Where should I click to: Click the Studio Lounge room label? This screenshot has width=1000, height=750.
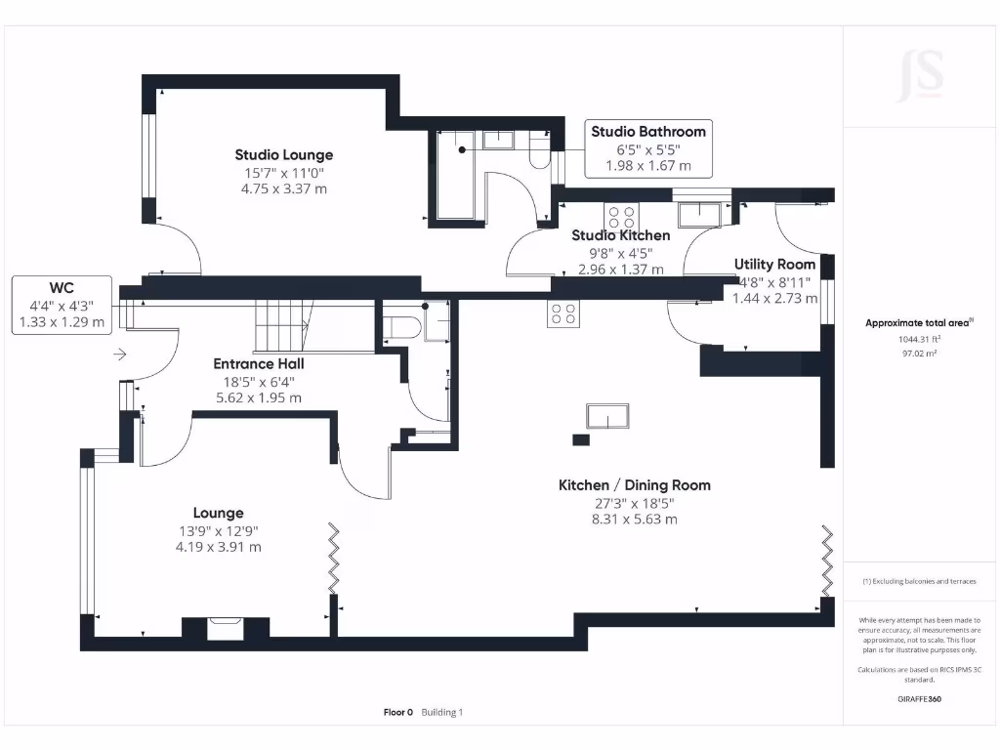pos(284,155)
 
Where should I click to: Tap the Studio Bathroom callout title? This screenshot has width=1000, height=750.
pos(648,132)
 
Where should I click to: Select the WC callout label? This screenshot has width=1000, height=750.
pos(62,288)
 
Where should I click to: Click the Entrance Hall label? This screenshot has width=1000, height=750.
pos(258,364)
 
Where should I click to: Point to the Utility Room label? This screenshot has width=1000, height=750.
pos(774,265)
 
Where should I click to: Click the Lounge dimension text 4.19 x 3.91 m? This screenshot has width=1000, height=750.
pos(218,547)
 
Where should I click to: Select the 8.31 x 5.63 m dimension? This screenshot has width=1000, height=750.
pos(634,520)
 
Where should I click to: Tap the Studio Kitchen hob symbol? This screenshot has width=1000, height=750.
pos(620,217)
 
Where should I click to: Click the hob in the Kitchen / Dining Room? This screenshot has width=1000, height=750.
pos(563,313)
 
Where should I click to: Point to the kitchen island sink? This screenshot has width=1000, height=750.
pos(607,416)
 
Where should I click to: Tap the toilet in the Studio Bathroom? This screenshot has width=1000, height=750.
pos(539,153)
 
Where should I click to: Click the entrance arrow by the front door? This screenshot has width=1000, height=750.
pos(120,354)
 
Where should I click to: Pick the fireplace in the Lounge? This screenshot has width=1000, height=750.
pos(226,628)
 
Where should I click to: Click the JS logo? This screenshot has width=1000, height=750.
pos(920,76)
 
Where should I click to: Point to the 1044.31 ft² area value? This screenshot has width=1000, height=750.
pos(919,339)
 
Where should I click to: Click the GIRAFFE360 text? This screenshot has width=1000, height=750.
pos(919,699)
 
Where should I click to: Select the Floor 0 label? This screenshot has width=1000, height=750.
pos(398,712)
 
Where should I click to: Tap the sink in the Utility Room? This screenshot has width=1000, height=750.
pos(699,215)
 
